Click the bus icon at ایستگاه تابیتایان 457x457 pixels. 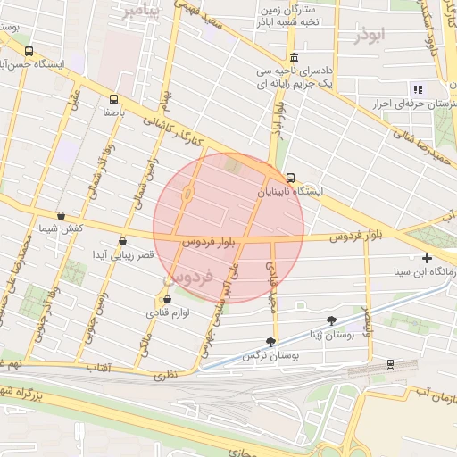tap(291, 178)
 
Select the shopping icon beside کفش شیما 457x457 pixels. tap(61, 215)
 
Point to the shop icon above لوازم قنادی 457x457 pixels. tap(167, 300)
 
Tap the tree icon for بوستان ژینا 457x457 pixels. tap(332, 319)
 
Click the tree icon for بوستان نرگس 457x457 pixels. tap(271, 342)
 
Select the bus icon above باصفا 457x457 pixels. tap(113, 99)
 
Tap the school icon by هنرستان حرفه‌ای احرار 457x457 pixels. tap(417, 88)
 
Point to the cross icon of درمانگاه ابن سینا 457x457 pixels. tap(428, 258)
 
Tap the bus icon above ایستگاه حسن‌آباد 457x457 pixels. tap(29, 51)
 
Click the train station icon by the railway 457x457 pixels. tap(390, 364)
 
